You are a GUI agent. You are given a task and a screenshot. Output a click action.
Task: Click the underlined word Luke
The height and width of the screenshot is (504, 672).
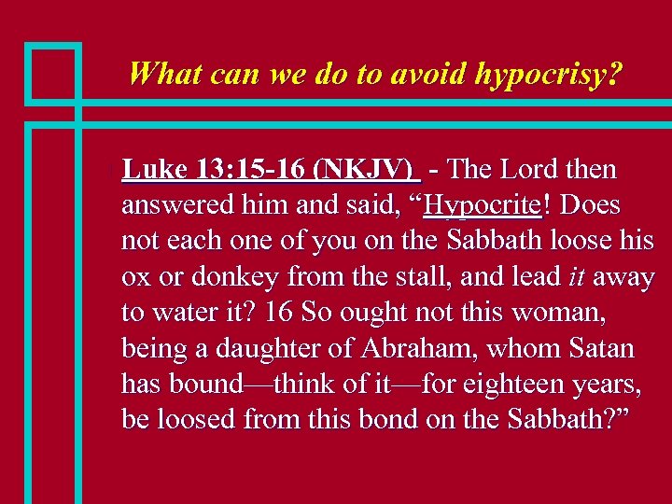[x=156, y=170]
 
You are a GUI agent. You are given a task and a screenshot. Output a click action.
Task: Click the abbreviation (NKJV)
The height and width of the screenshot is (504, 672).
[x=365, y=170]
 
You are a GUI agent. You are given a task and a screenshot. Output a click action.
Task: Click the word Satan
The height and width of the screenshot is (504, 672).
[x=599, y=349]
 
